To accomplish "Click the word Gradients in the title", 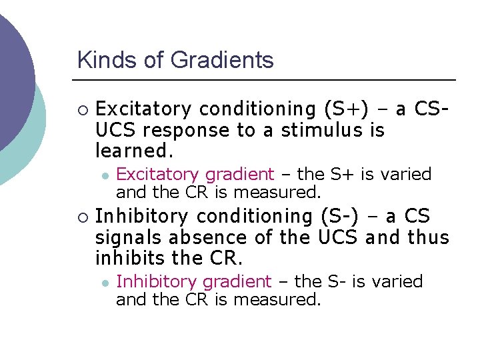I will [223, 61].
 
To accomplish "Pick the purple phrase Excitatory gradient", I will [195, 175].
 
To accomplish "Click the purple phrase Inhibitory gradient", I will [193, 282].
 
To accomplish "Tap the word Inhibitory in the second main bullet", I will [143, 217].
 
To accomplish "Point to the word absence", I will [199, 238].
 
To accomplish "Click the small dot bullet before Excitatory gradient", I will [105, 175].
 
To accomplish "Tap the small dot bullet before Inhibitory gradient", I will [105, 283].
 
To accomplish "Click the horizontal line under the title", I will [267, 80].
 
